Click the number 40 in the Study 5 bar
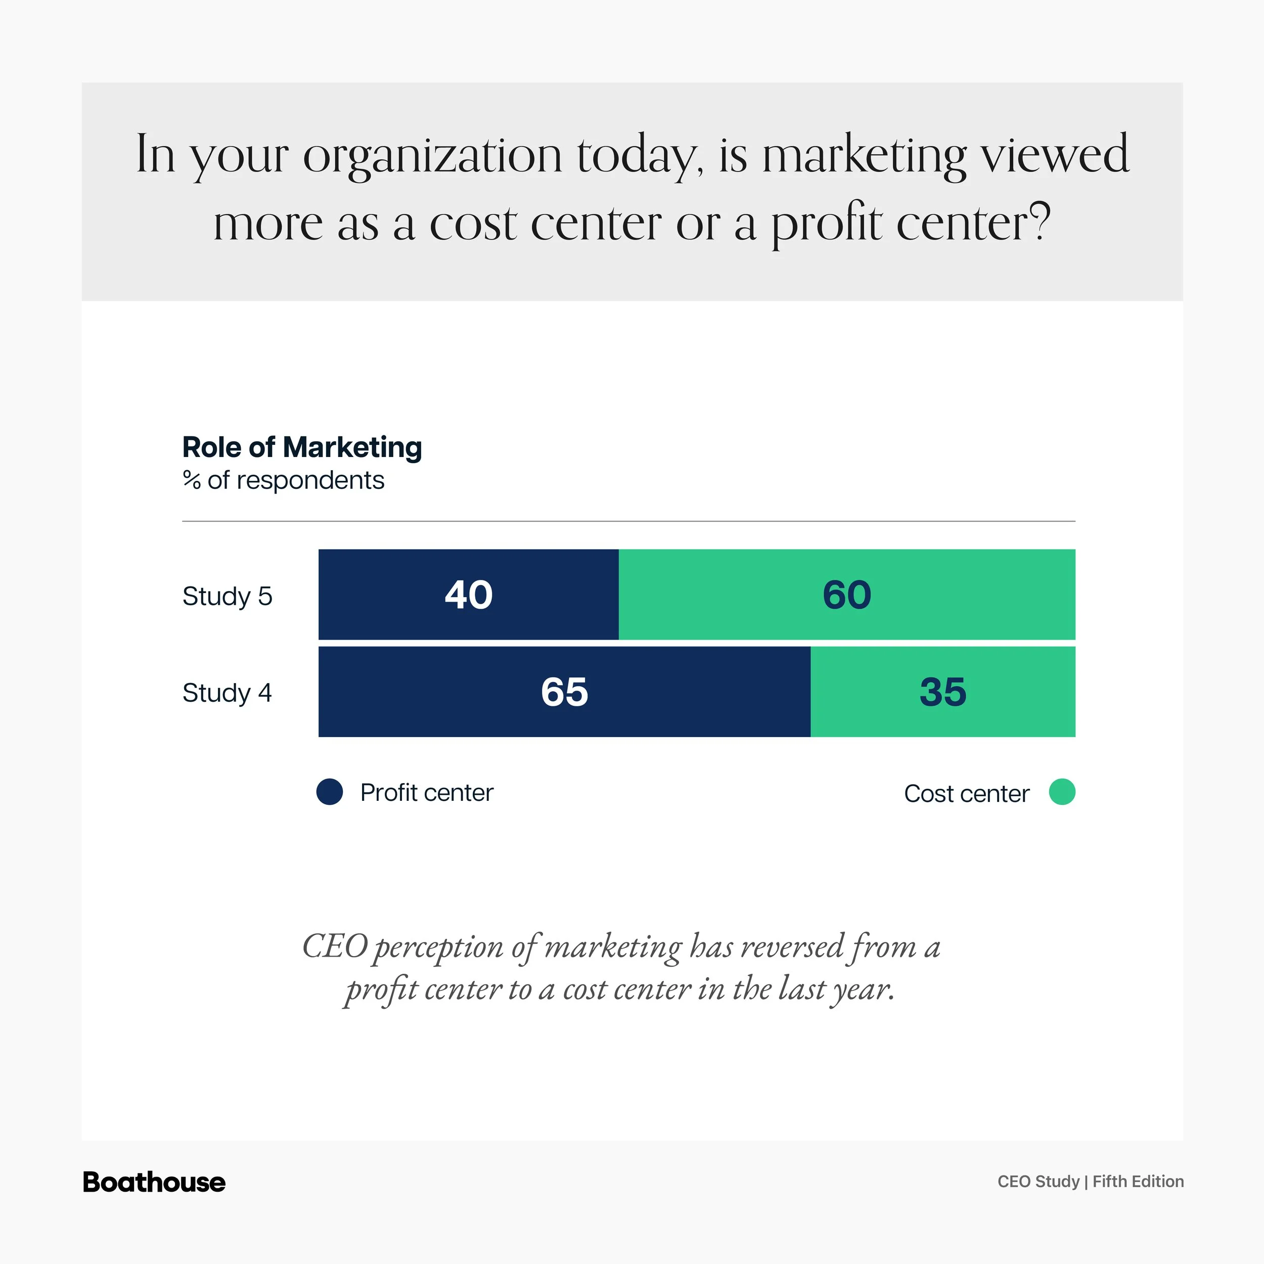coord(469,595)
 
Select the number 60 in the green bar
coord(846,595)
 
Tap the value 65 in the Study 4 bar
coord(564,692)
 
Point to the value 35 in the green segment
coord(942,692)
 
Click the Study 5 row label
coord(227,596)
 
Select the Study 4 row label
coord(227,693)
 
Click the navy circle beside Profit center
coord(330,792)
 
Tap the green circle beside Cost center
coord(1062,792)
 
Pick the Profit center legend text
coord(427,792)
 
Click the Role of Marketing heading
coord(302,447)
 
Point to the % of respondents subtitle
coord(283,480)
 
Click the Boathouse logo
coord(154,1182)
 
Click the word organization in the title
coord(432,156)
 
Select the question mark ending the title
coord(1039,222)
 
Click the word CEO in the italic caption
coord(335,946)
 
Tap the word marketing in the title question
coord(864,156)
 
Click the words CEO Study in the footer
coord(1039,1182)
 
